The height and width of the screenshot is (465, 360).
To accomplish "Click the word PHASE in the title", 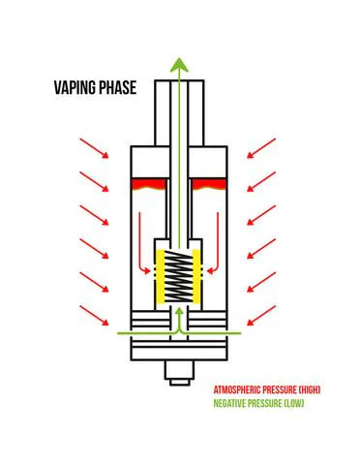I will click(x=117, y=87).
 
